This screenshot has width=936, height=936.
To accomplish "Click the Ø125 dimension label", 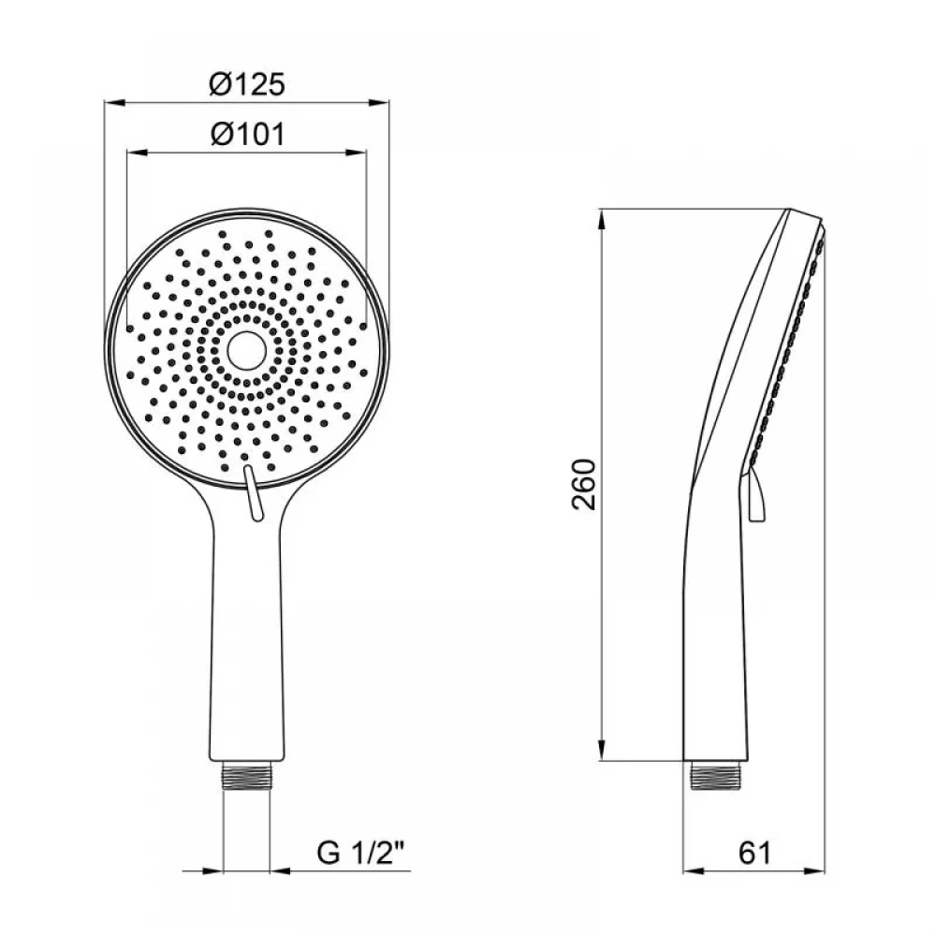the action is tap(247, 84).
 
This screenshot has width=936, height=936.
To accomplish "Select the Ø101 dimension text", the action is tap(248, 134).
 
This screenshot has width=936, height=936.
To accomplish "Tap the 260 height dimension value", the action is tap(584, 484).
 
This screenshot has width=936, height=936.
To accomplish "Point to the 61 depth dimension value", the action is tap(754, 853).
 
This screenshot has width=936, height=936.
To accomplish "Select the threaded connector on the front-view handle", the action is tap(246, 775).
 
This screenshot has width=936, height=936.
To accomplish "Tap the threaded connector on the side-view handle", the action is tap(714, 775).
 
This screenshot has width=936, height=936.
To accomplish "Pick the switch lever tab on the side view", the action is tap(754, 495).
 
